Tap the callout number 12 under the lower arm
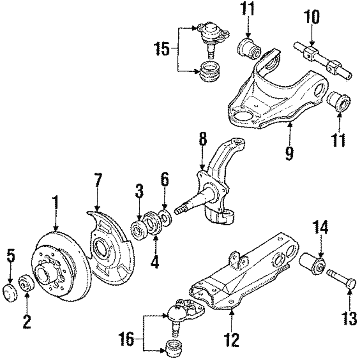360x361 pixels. pyautogui.click(x=231, y=338)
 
